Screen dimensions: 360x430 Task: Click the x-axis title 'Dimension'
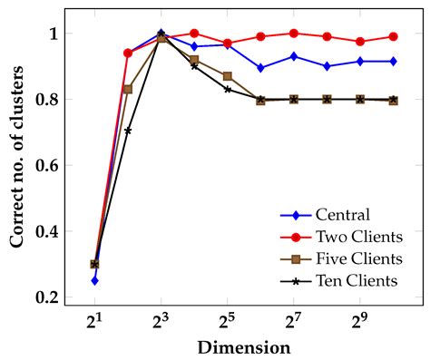coord(244,347)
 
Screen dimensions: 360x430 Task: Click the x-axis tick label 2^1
coord(94,321)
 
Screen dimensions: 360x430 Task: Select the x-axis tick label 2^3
coord(161,321)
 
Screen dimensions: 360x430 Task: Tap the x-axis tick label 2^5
coord(227,321)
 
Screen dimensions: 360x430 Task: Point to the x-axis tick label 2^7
coord(294,321)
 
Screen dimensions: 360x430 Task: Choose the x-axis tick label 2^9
coord(360,321)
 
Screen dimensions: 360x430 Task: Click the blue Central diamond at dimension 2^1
coord(94,280)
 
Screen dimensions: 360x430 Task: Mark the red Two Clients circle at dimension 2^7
coord(294,34)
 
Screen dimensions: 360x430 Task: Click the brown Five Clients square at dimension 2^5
coord(227,76)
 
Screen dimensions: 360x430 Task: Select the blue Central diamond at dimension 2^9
coord(360,61)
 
